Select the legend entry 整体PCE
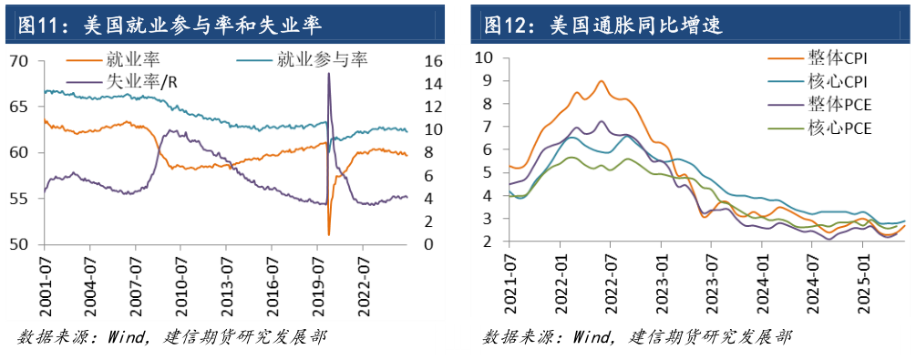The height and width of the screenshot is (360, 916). [839, 105]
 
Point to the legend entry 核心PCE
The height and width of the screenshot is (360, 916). [839, 129]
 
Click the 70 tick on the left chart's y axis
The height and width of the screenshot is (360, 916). [20, 61]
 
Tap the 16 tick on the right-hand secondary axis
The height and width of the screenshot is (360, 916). [432, 61]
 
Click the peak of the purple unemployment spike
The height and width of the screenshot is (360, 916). [328, 73]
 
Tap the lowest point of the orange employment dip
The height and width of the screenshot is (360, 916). [329, 234]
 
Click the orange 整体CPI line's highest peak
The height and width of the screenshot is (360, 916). [602, 81]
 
